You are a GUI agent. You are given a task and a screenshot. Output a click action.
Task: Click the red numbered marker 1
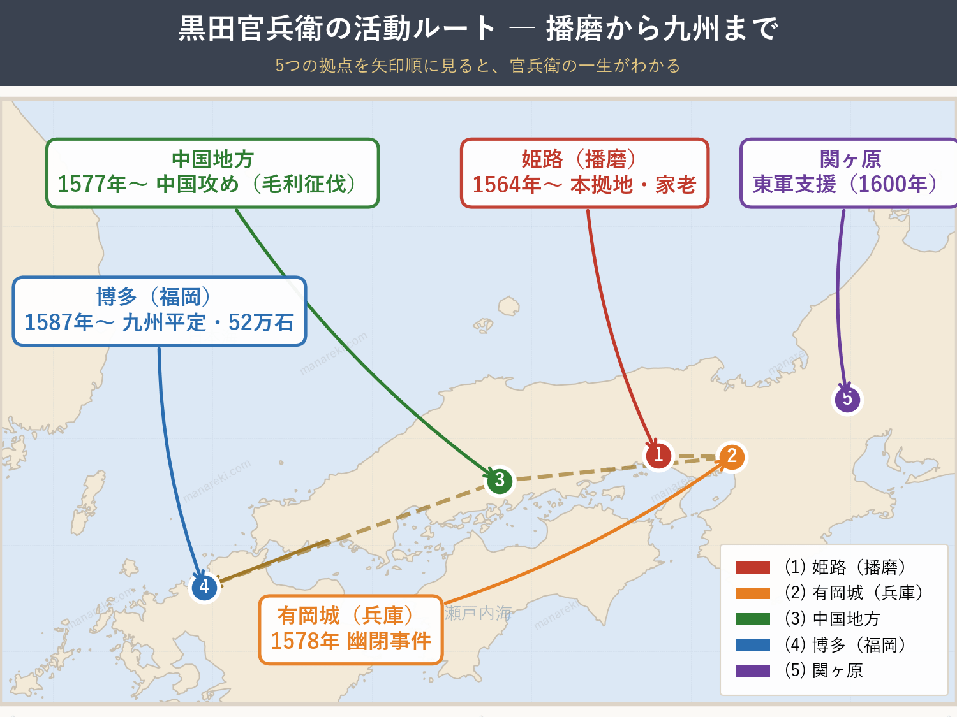(658, 455)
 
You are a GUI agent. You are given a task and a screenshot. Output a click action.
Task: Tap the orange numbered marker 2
(731, 456)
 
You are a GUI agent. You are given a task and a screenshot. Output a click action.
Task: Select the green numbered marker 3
(500, 481)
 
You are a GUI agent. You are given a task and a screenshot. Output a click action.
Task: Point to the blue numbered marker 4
(204, 586)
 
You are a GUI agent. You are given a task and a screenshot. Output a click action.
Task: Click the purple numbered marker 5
(847, 399)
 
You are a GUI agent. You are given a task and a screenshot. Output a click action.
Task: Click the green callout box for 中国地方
(212, 173)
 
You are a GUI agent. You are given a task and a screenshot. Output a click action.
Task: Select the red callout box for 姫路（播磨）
(584, 173)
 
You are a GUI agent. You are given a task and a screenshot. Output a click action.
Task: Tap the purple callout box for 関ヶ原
(849, 173)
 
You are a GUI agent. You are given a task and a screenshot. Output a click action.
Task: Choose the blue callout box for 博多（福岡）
(159, 311)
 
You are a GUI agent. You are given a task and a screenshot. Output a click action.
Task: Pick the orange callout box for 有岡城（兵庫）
(350, 630)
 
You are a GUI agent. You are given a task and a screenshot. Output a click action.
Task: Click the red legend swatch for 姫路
(753, 567)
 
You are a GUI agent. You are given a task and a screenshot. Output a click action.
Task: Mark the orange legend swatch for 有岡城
(753, 593)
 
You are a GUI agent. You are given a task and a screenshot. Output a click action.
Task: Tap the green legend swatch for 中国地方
(753, 619)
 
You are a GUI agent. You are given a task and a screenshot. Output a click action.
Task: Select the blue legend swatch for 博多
(753, 645)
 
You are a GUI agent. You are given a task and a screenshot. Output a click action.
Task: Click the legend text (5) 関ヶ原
(824, 670)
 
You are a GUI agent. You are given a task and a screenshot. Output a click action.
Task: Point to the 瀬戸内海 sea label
(478, 613)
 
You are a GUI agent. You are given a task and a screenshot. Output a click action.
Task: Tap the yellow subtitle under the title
(478, 66)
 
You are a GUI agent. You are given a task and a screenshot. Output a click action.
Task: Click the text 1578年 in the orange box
(305, 641)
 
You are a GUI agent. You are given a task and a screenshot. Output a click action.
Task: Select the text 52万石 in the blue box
(261, 322)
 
